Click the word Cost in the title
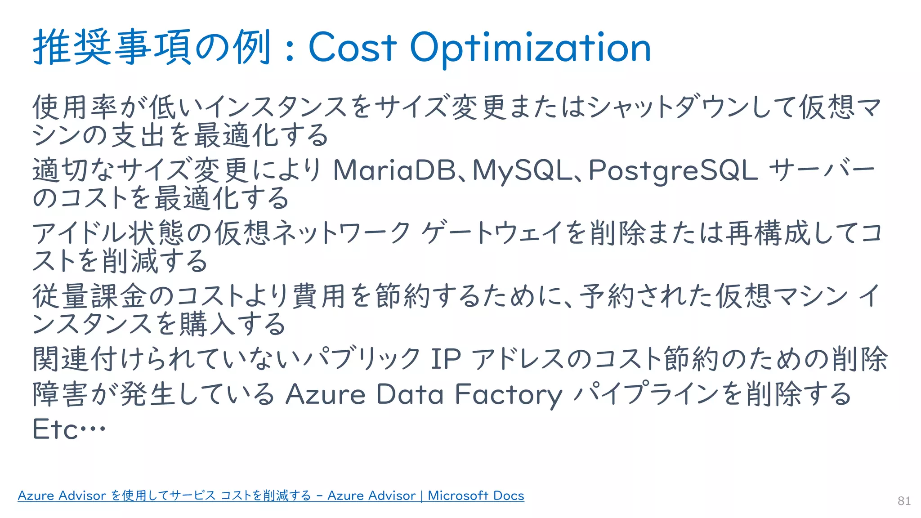[353, 48]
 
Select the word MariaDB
[394, 170]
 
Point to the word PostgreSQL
[673, 171]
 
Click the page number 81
[904, 501]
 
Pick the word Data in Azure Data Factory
[410, 394]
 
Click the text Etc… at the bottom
[69, 429]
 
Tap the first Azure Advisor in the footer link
[62, 496]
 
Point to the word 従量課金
[89, 296]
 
